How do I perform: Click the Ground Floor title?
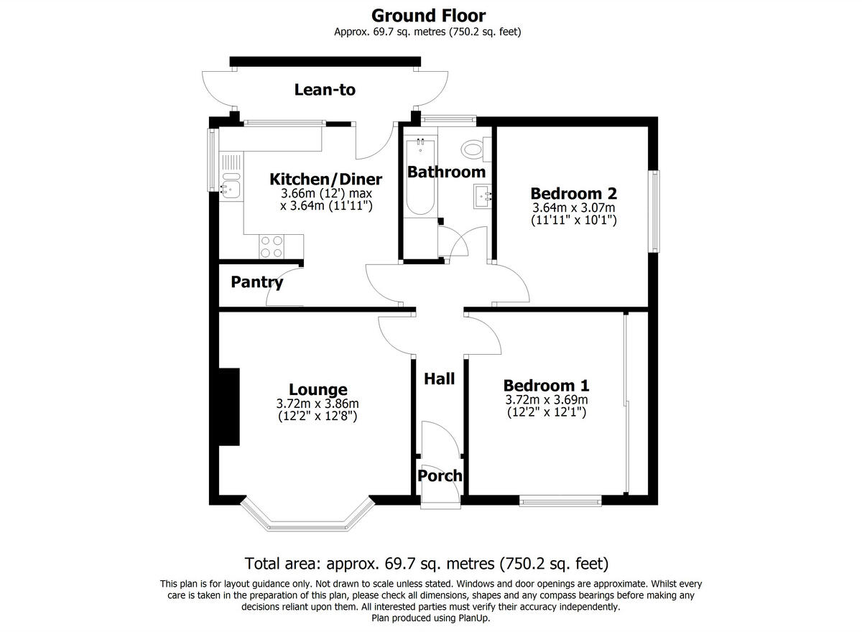[x=428, y=15]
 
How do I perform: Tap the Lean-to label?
[x=325, y=90]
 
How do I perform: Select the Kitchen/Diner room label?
[x=325, y=179]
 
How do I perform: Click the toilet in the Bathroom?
[x=473, y=149]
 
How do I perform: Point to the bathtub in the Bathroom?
[x=419, y=177]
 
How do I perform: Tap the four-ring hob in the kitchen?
[x=271, y=246]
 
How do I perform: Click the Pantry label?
[x=256, y=282]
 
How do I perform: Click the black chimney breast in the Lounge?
[x=229, y=407]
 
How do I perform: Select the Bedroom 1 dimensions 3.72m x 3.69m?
[x=547, y=400]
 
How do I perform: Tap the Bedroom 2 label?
[x=573, y=193]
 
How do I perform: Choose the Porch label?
[x=440, y=475]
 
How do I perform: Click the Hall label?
[x=439, y=378]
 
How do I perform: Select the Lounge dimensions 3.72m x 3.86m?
[x=317, y=403]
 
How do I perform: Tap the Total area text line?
[x=427, y=563]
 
